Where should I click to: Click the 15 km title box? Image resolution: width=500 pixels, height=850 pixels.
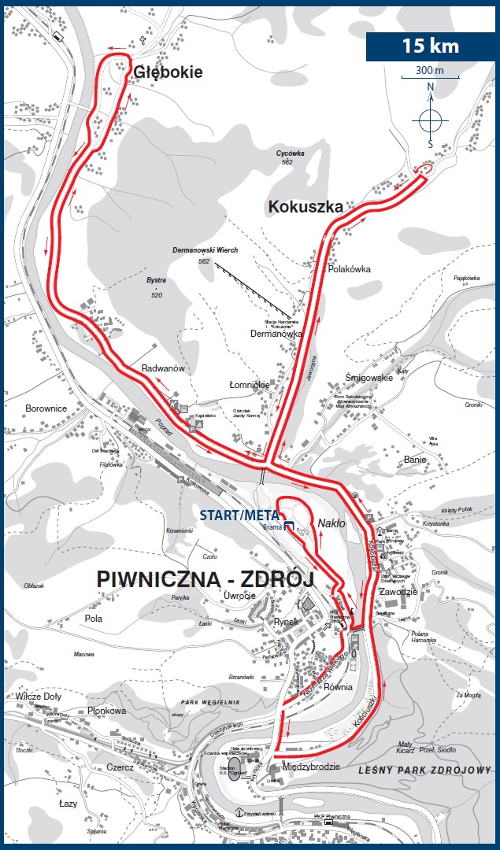(x=430, y=45)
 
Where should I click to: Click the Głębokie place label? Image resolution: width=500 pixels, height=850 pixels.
(x=169, y=72)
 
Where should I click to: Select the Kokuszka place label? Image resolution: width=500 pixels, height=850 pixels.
(x=306, y=208)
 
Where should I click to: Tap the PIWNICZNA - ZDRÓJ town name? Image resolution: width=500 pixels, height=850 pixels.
(x=205, y=578)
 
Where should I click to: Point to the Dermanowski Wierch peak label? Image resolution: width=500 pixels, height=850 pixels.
(x=205, y=250)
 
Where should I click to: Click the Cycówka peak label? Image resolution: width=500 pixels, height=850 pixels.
(x=290, y=153)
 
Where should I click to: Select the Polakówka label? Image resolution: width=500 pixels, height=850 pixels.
(x=349, y=269)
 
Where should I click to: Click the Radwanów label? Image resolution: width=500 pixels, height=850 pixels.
(x=162, y=369)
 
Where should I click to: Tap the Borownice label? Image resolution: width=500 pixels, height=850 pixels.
(x=46, y=408)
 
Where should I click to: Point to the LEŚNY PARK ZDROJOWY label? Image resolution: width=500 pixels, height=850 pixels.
(x=424, y=769)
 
